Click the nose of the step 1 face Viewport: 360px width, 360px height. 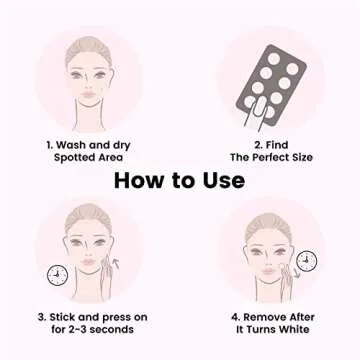click(x=90, y=75)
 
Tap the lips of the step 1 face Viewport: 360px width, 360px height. click(x=90, y=88)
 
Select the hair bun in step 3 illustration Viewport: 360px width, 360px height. click(x=89, y=212)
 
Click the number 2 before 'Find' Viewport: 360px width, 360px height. click(x=246, y=145)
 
